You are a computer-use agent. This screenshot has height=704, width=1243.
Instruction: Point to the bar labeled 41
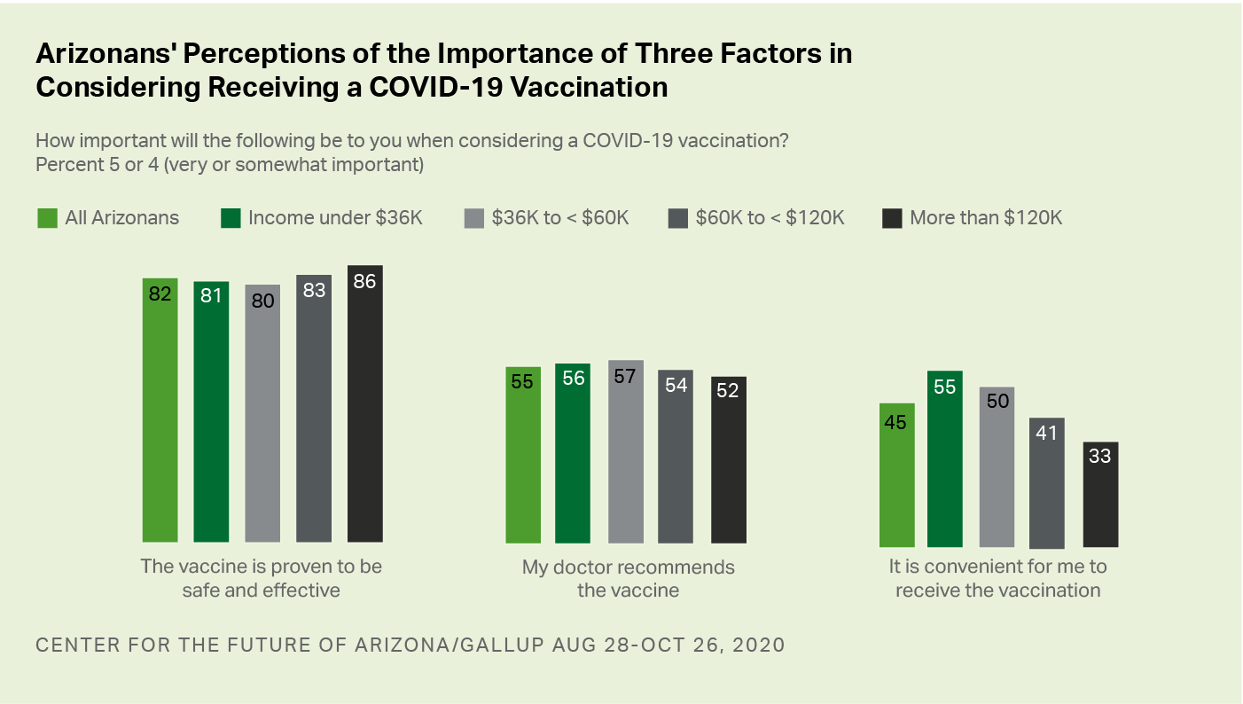[1047, 483]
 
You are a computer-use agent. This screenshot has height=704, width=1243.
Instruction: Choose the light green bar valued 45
[896, 475]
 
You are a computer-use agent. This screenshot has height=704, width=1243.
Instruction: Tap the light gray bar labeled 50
[997, 466]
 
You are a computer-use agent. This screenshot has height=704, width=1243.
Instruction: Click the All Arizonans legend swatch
[47, 218]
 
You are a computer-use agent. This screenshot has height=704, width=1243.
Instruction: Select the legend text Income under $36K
[335, 218]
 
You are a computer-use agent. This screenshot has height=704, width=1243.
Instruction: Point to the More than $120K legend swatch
[892, 218]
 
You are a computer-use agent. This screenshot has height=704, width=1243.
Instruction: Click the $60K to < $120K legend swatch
[677, 218]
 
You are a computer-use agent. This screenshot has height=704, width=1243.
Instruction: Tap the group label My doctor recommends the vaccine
[628, 578]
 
